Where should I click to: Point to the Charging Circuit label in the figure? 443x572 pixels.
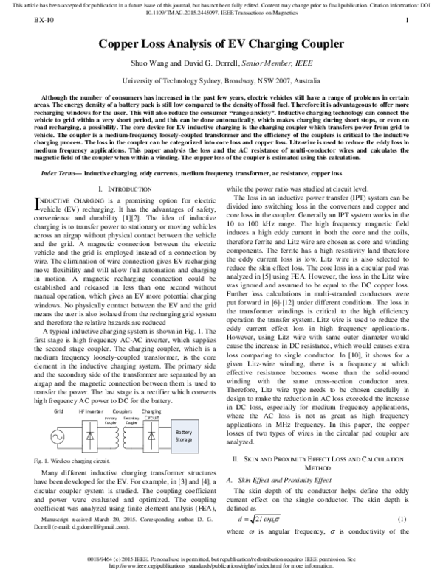(x=151, y=414)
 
